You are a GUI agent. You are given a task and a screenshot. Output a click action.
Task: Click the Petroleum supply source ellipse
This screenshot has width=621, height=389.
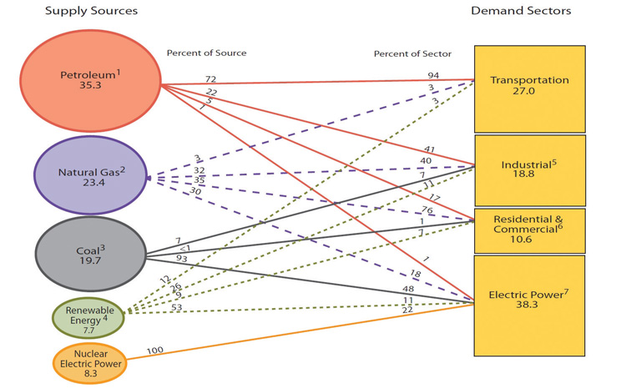[x=91, y=81]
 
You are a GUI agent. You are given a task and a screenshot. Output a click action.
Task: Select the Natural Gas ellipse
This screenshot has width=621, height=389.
[x=91, y=175]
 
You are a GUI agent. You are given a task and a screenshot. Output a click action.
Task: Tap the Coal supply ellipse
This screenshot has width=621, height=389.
[x=91, y=254]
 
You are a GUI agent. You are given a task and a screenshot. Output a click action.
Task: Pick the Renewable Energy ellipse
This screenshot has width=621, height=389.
[x=88, y=318]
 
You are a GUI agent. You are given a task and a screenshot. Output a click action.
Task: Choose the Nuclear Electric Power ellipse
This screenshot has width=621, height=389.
[x=90, y=363]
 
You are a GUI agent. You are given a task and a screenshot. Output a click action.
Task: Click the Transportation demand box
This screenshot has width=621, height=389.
[x=529, y=88]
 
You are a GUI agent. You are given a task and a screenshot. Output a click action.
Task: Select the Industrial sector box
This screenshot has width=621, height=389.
[x=530, y=170]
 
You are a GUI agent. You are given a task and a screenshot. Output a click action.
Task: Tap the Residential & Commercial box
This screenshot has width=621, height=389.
[x=529, y=231]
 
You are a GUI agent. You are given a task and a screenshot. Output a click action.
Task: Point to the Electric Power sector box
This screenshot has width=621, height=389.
[x=529, y=306]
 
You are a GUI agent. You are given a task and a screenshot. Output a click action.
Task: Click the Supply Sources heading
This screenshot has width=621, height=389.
[x=91, y=11]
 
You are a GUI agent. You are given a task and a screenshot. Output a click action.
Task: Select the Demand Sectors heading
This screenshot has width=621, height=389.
[x=521, y=11]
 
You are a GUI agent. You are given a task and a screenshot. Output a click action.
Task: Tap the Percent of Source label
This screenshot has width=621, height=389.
[x=206, y=53]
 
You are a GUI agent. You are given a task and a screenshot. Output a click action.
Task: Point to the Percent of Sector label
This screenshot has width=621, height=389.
[x=412, y=54]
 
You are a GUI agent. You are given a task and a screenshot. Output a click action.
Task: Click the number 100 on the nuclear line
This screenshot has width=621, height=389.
[x=155, y=351]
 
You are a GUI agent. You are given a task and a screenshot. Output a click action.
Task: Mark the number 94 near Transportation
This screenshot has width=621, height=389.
[x=433, y=75]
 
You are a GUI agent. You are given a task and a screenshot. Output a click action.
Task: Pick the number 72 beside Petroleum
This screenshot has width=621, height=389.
[x=210, y=79]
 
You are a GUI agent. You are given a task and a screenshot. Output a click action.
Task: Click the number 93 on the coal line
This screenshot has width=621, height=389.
[x=182, y=259]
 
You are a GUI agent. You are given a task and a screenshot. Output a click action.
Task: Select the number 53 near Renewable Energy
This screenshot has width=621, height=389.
[x=177, y=307]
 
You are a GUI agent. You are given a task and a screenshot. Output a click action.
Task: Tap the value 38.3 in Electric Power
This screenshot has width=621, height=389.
[x=527, y=304]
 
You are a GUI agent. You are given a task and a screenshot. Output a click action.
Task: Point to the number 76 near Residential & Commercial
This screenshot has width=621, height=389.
[x=427, y=210]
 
